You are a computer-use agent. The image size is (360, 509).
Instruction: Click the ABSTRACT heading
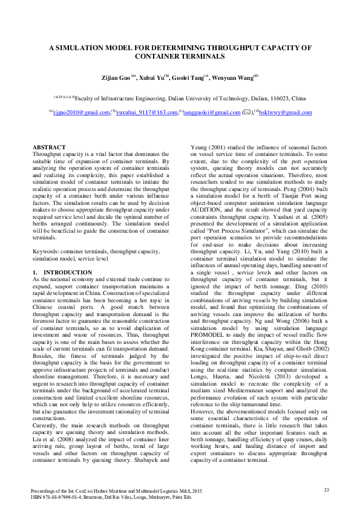click(48, 148)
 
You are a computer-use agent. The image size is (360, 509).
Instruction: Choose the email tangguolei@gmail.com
click(212, 112)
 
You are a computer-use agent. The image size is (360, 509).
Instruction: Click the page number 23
click(326, 489)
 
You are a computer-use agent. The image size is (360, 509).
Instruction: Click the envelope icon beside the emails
click(246, 112)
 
